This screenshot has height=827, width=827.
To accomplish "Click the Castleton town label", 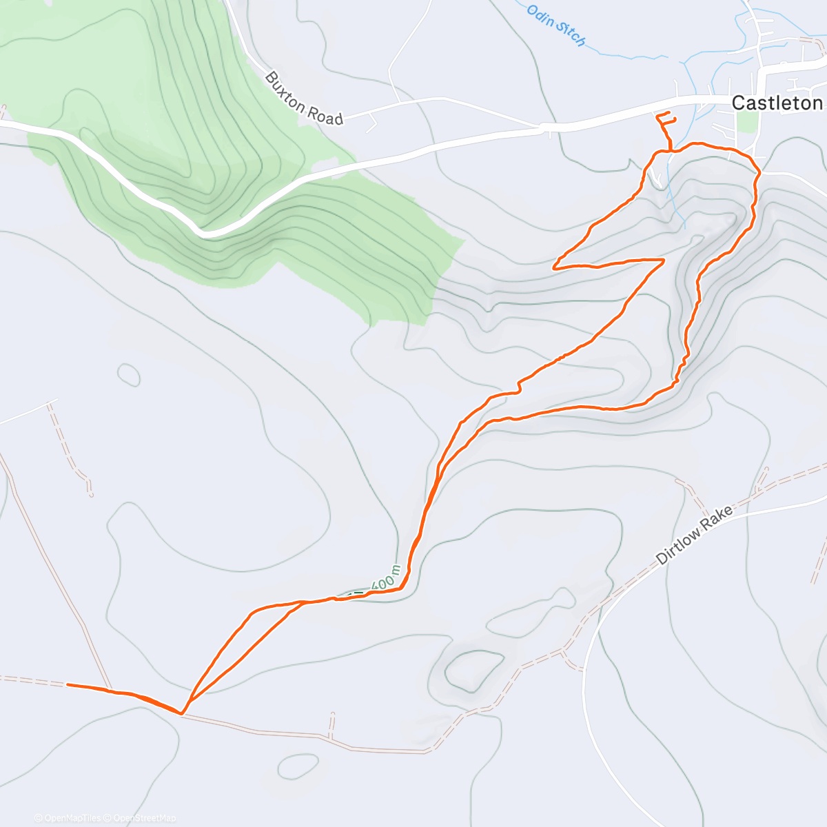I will tap(777, 103).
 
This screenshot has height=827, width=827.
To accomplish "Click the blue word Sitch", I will tap(570, 36).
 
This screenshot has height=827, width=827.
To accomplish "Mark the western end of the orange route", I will tap(68, 684).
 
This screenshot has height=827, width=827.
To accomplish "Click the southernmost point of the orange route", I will tap(181, 713).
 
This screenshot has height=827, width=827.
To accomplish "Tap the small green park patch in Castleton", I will tap(746, 121).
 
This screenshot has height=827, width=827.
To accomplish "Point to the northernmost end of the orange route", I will tap(668, 112).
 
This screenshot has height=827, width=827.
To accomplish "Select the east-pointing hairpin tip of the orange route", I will tap(663, 260).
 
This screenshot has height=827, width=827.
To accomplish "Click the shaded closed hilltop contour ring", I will tap(475, 671).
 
